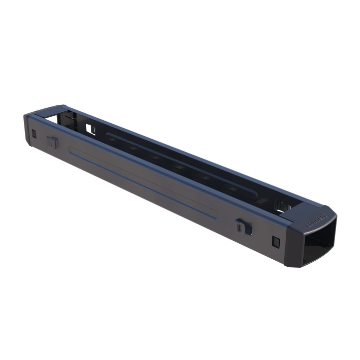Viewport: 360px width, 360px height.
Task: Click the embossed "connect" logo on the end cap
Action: [x=316, y=219]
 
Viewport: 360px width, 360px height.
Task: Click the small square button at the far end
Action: [x=33, y=135]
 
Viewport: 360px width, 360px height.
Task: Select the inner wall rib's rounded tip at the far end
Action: [x=108, y=135]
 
